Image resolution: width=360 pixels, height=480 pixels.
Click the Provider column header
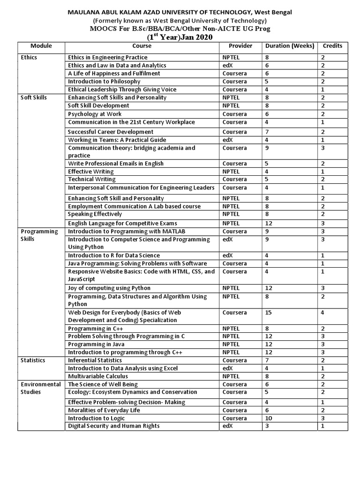(240, 46)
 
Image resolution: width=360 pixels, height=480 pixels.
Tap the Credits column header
(332, 46)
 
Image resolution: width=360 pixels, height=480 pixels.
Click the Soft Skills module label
(34, 97)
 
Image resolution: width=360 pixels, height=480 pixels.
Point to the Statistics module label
(33, 360)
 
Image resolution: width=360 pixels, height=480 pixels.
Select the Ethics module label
(29, 57)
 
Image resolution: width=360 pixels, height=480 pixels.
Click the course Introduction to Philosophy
(104, 82)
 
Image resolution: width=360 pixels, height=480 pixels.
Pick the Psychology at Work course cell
(95, 114)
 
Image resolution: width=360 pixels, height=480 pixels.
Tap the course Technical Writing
(91, 179)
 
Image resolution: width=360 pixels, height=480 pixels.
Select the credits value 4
(323, 313)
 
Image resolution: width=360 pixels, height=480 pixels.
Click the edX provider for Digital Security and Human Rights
(227, 426)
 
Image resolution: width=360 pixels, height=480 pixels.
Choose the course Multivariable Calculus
(98, 376)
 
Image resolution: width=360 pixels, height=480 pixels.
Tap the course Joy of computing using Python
(109, 288)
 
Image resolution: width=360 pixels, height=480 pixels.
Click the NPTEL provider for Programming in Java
(231, 344)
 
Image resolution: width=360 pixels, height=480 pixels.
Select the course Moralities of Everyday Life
(104, 410)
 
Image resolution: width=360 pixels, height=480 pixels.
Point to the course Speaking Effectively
(95, 214)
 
